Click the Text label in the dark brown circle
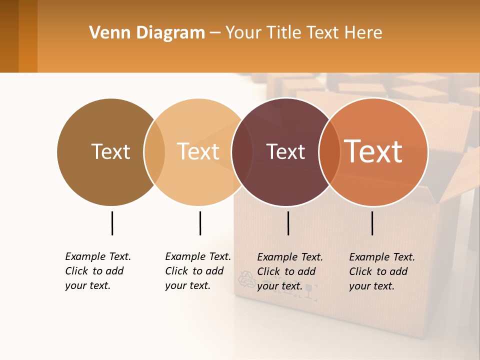click(x=110, y=151)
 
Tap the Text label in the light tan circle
click(x=198, y=151)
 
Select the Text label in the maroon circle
click(x=285, y=152)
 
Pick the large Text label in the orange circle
click(x=373, y=151)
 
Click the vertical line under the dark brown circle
click(x=112, y=223)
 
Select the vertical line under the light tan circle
click(x=200, y=223)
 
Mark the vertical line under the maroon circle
click(x=288, y=223)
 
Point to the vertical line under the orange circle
click(x=372, y=223)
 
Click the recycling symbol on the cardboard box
click(x=246, y=279)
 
